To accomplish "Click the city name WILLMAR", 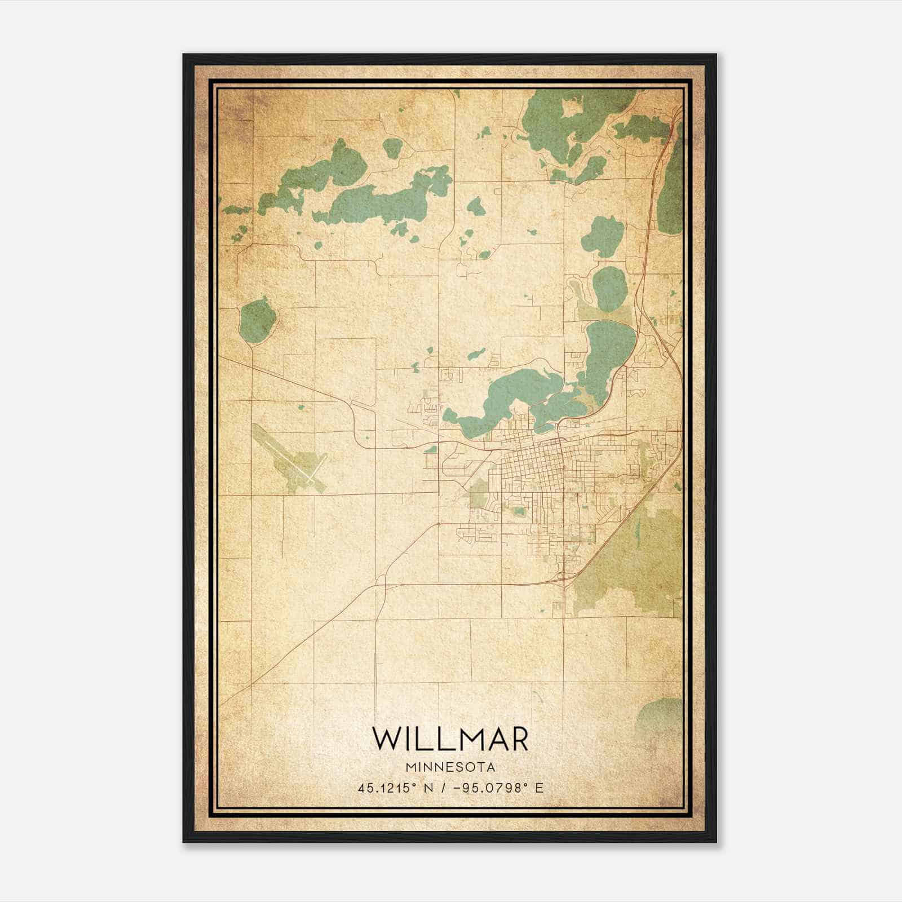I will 450,739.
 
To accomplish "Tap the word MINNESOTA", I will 450,767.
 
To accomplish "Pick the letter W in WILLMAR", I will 386,739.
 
